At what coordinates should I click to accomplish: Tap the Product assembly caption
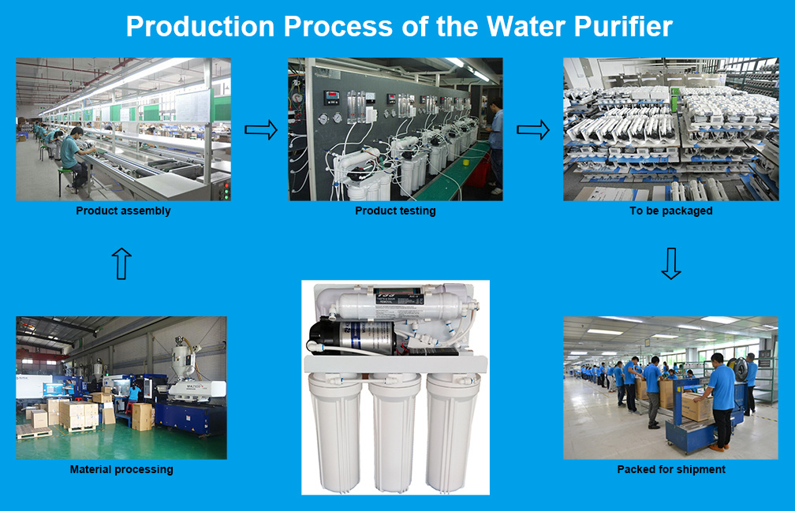point(123,211)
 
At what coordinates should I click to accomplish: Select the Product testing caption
point(395,211)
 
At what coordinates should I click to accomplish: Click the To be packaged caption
point(670,211)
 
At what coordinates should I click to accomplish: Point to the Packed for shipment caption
point(670,469)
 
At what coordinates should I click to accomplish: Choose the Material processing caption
point(121,469)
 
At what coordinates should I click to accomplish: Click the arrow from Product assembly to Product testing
point(261,130)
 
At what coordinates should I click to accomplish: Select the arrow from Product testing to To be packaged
point(533,130)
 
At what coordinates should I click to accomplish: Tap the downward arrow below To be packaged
point(670,263)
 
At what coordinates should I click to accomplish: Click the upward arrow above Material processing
point(121,263)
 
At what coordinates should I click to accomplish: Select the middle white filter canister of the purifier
point(394,434)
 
